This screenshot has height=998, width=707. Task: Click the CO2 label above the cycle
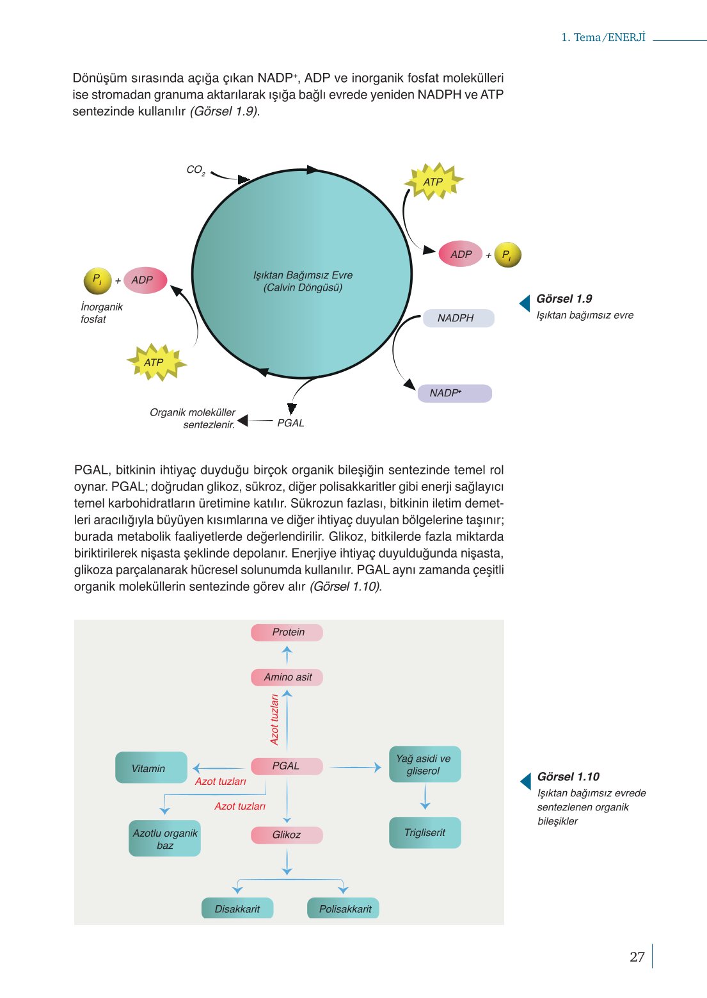(x=195, y=170)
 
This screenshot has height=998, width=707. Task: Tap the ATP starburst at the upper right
(x=433, y=182)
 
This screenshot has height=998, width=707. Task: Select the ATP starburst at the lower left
(x=154, y=362)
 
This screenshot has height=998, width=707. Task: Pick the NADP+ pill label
(x=454, y=393)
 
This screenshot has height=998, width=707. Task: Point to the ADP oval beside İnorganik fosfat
(x=144, y=280)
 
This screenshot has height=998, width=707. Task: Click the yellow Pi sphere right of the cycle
(x=507, y=255)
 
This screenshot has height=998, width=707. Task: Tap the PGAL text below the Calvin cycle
(x=290, y=423)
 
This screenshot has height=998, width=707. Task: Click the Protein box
(x=287, y=632)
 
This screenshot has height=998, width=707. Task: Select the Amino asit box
(x=287, y=677)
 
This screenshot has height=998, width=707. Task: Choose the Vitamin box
(x=151, y=768)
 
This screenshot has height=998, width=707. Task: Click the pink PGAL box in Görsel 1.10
(x=286, y=766)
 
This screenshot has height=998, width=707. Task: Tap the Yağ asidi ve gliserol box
(x=424, y=764)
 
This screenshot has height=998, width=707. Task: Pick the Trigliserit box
(x=425, y=833)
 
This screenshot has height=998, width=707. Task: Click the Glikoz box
(x=287, y=835)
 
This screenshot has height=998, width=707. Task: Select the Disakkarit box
(x=237, y=909)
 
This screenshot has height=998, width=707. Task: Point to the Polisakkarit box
(x=344, y=909)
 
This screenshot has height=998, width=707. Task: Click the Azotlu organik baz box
(x=164, y=839)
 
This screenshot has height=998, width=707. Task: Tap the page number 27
(x=637, y=957)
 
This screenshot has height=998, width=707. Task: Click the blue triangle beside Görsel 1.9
(x=525, y=303)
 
